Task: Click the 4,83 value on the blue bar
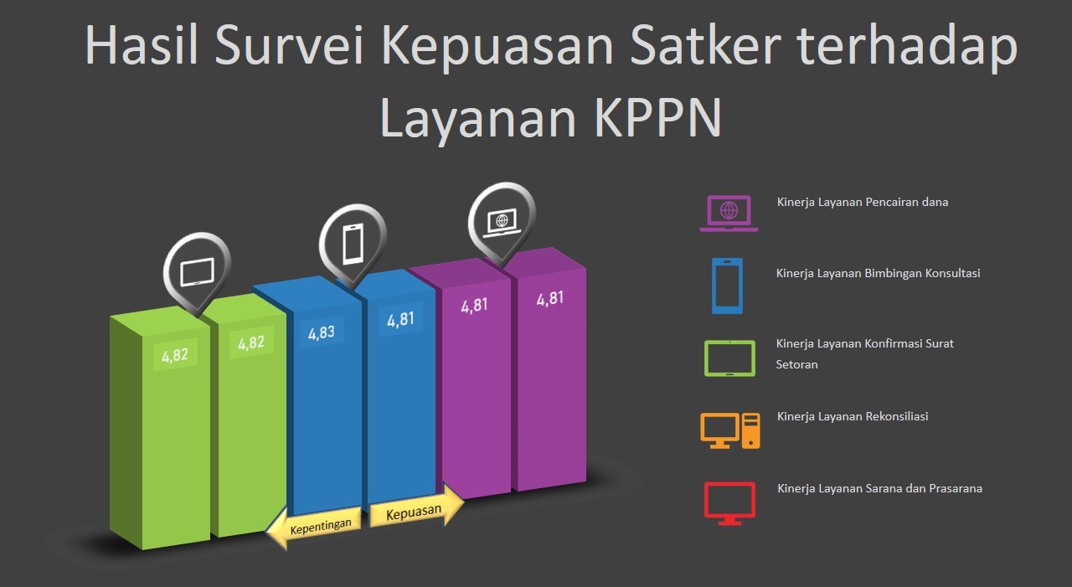click(x=321, y=332)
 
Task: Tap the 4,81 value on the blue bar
click(x=400, y=319)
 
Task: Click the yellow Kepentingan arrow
click(x=315, y=527)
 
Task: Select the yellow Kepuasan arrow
click(x=416, y=509)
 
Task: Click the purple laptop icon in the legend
click(x=729, y=214)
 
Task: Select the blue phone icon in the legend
click(x=727, y=286)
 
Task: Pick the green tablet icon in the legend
click(x=729, y=358)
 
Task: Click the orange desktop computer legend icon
click(x=729, y=430)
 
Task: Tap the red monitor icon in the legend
click(x=729, y=503)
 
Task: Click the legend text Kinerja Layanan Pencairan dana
click(x=863, y=203)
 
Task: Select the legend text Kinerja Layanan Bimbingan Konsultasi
click(x=878, y=274)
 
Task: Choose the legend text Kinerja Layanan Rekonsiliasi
click(x=853, y=417)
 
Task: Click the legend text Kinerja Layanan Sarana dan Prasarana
click(x=879, y=488)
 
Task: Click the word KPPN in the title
click(x=657, y=118)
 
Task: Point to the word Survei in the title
click(x=289, y=45)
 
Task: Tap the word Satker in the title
click(x=705, y=45)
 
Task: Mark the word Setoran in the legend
click(x=796, y=364)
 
